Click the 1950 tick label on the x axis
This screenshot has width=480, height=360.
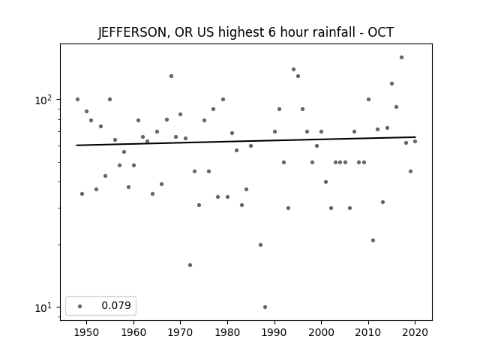coord(86,332)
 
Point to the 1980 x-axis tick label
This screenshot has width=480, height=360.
coord(227,332)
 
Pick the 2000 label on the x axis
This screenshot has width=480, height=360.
coord(321,332)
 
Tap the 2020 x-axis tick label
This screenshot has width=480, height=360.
coord(415,332)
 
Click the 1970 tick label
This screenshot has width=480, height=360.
coord(180,332)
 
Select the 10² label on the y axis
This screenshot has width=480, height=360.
coord(43,100)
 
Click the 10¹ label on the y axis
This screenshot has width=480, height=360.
coord(43,307)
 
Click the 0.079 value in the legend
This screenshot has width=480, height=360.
coord(116,305)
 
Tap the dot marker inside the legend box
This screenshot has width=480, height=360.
coord(80,306)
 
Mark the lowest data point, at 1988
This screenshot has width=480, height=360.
coord(265,307)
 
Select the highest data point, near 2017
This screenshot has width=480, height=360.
coord(402,57)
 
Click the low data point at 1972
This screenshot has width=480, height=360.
coord(190,265)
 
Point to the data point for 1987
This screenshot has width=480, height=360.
coord(260,245)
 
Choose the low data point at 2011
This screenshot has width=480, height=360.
coord(373,240)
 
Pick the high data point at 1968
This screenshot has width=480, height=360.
coord(172,76)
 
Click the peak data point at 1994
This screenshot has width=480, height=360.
coord(293,69)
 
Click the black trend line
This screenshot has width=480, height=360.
coord(246,141)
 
